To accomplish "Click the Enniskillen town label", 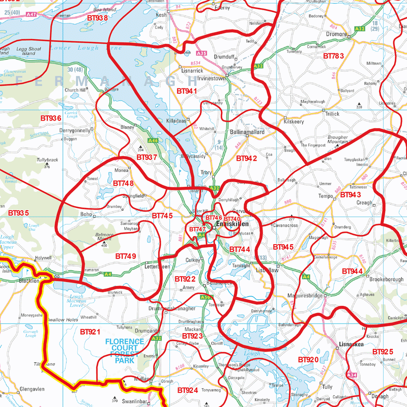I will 232,224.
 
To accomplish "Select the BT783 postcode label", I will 334,56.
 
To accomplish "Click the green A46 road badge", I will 153,140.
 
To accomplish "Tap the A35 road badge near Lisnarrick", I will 201,53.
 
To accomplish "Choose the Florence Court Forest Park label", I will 125,351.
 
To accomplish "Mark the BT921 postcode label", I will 91,331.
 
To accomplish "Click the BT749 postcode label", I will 126,256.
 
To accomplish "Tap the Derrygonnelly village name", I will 75,131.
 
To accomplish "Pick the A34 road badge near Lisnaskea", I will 352,375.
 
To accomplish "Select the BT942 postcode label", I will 247,159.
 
